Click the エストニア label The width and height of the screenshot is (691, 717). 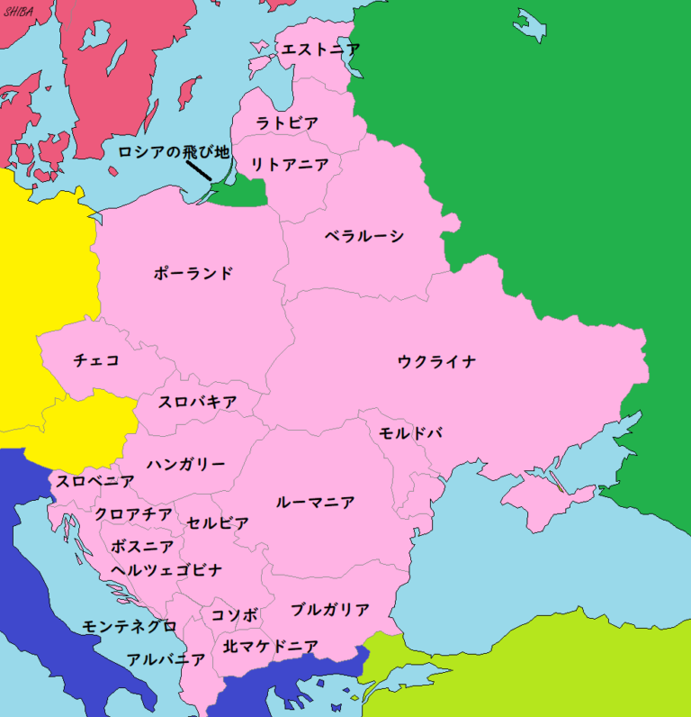click(x=321, y=50)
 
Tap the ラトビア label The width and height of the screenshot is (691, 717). click(x=287, y=123)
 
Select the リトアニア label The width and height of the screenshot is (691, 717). click(x=290, y=164)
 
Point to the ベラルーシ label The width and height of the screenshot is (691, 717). click(x=364, y=236)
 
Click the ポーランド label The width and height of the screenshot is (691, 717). click(x=193, y=273)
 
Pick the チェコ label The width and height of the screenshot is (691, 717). click(x=96, y=360)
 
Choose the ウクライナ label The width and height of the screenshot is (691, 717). click(x=436, y=362)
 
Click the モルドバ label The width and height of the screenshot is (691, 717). click(x=410, y=432)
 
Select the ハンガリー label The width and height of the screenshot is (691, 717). click(x=186, y=464)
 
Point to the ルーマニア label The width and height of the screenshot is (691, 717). click(x=315, y=502)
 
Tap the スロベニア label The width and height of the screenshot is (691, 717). click(x=95, y=481)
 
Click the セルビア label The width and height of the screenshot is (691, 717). click(x=219, y=522)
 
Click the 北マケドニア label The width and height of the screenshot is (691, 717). click(x=271, y=646)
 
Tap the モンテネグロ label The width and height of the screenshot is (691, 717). click(x=130, y=625)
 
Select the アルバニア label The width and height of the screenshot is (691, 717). click(x=166, y=658)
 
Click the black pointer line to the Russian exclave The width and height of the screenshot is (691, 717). click(x=199, y=171)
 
